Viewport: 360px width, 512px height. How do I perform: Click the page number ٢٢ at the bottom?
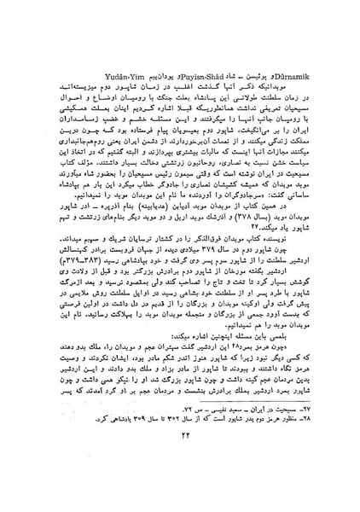181,486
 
